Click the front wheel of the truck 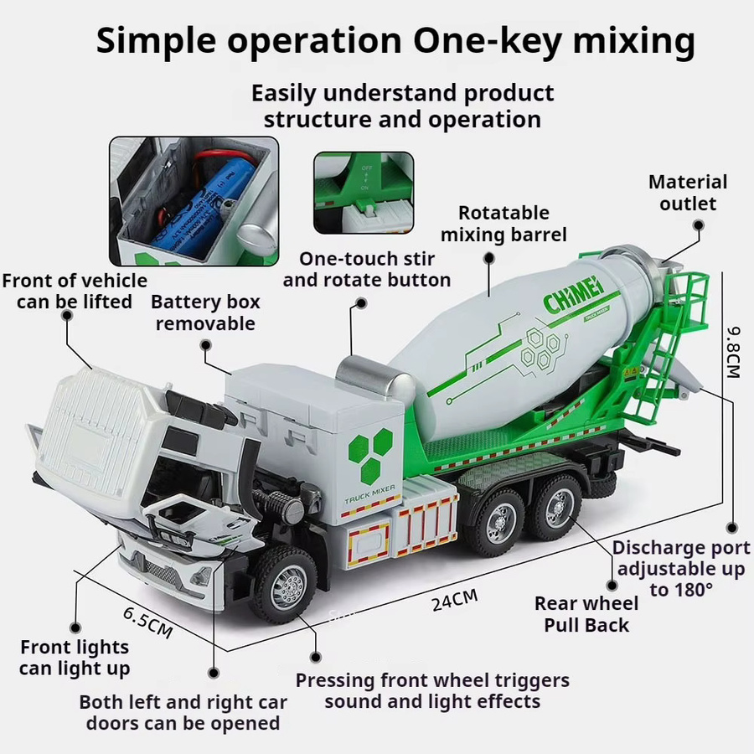point(283,583)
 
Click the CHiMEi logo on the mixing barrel point(573,294)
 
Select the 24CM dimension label point(454,600)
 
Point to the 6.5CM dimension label point(147,622)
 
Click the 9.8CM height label point(733,353)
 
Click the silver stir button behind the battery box point(376,379)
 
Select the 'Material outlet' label point(688,193)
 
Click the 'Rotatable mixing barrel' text point(504,224)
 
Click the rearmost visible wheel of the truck point(557,508)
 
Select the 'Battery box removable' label point(205,312)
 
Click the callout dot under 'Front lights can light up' point(75,627)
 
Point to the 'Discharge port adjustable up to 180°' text point(681,568)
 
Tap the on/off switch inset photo point(364,193)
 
